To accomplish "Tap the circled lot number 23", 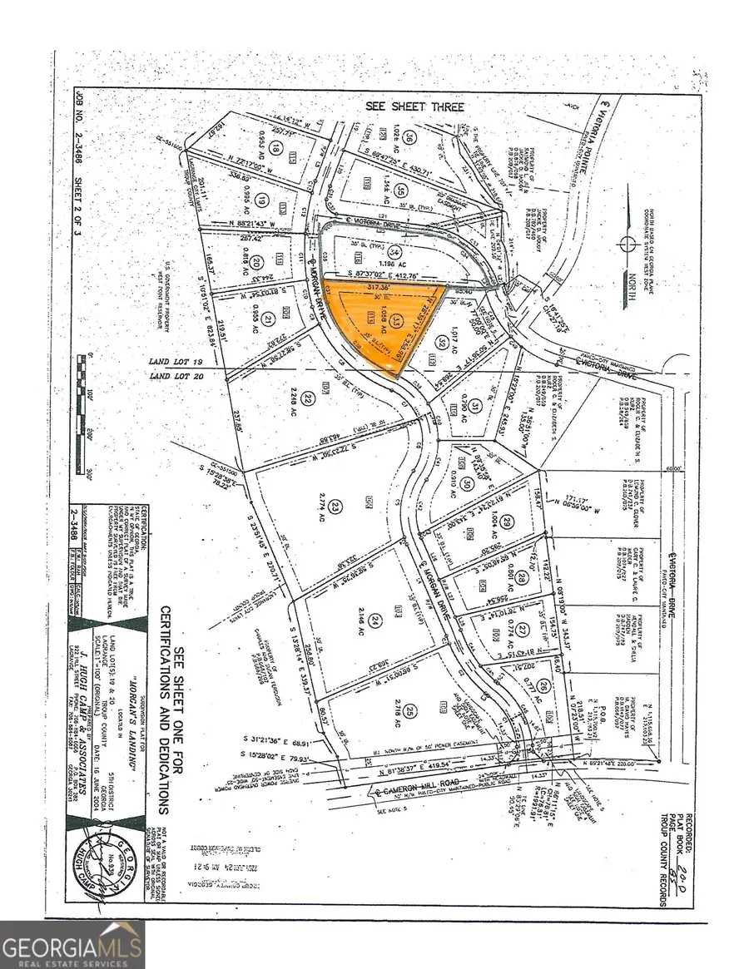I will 335,506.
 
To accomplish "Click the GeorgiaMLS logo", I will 72,943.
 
